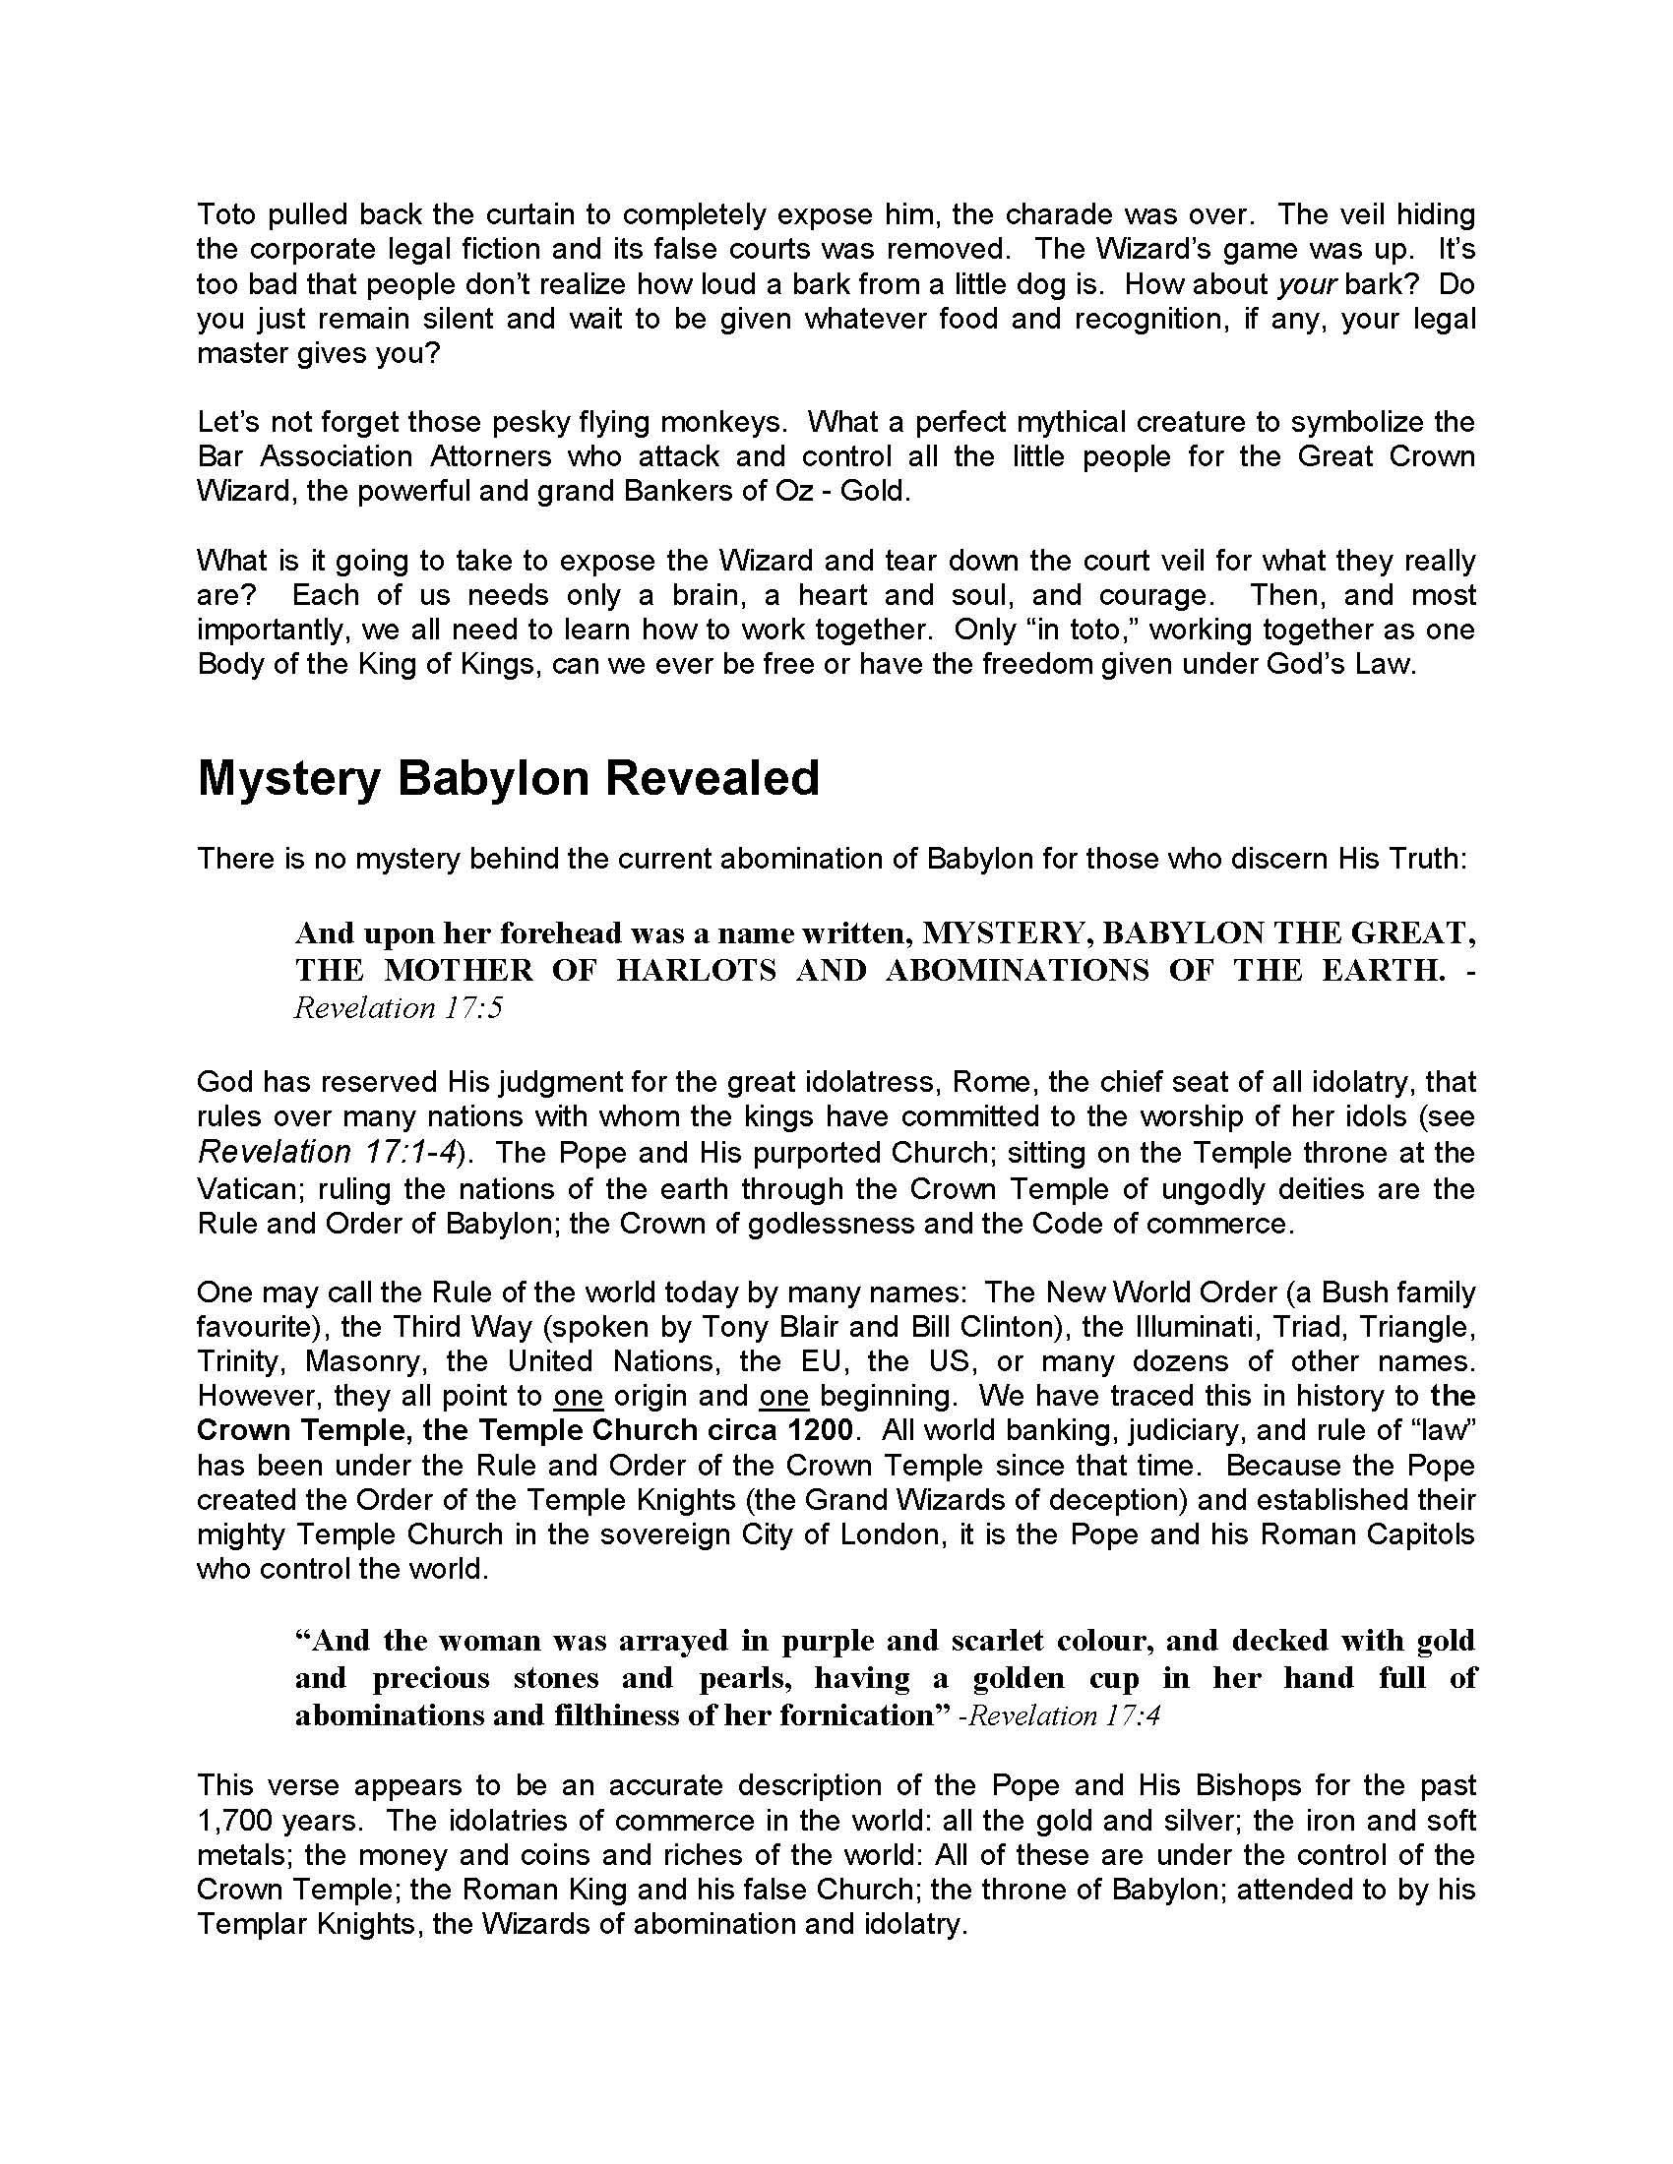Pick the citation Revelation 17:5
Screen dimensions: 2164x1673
pos(400,1007)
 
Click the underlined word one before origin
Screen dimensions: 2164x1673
pos(579,1396)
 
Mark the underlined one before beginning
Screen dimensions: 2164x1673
pos(784,1396)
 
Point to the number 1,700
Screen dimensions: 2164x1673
pos(232,1820)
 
